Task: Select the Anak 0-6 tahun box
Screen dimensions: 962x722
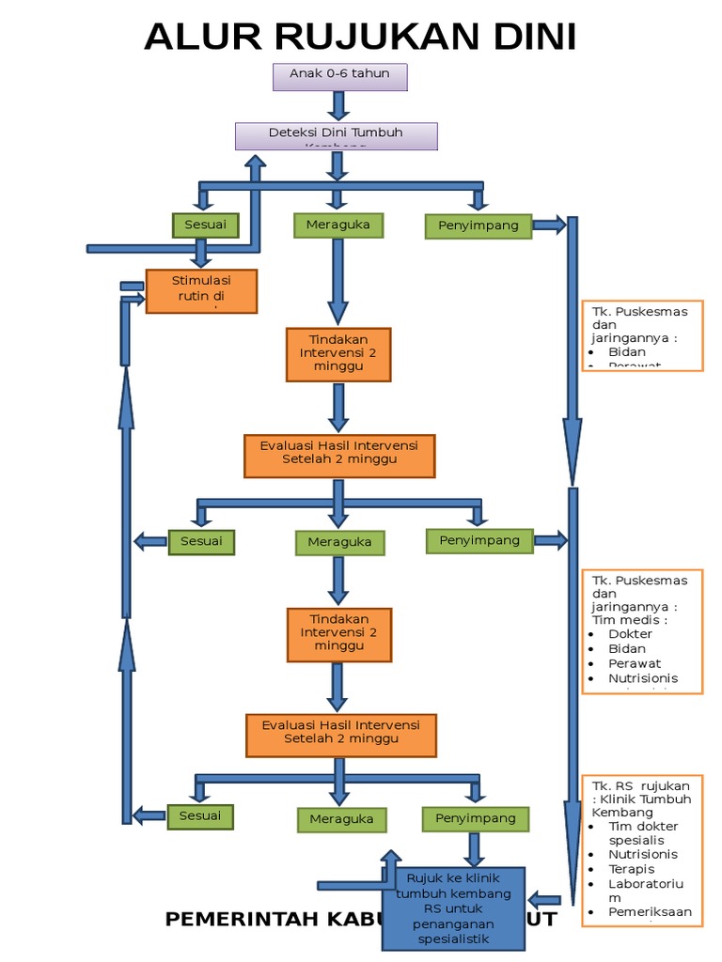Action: [339, 76]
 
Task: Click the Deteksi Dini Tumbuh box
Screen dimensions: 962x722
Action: [336, 135]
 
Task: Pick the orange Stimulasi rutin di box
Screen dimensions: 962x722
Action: [201, 290]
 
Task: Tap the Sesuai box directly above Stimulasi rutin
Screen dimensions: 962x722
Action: [205, 225]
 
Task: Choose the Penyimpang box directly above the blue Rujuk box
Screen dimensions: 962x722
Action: [475, 818]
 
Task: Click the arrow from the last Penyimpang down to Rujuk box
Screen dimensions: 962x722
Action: [475, 848]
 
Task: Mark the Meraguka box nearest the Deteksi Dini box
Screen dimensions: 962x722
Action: [338, 225]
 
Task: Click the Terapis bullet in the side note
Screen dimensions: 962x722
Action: [631, 869]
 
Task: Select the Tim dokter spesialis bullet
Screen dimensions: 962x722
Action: [642, 832]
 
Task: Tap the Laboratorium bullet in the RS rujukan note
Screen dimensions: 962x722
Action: [644, 891]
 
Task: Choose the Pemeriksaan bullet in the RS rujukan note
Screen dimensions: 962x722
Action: [649, 911]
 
